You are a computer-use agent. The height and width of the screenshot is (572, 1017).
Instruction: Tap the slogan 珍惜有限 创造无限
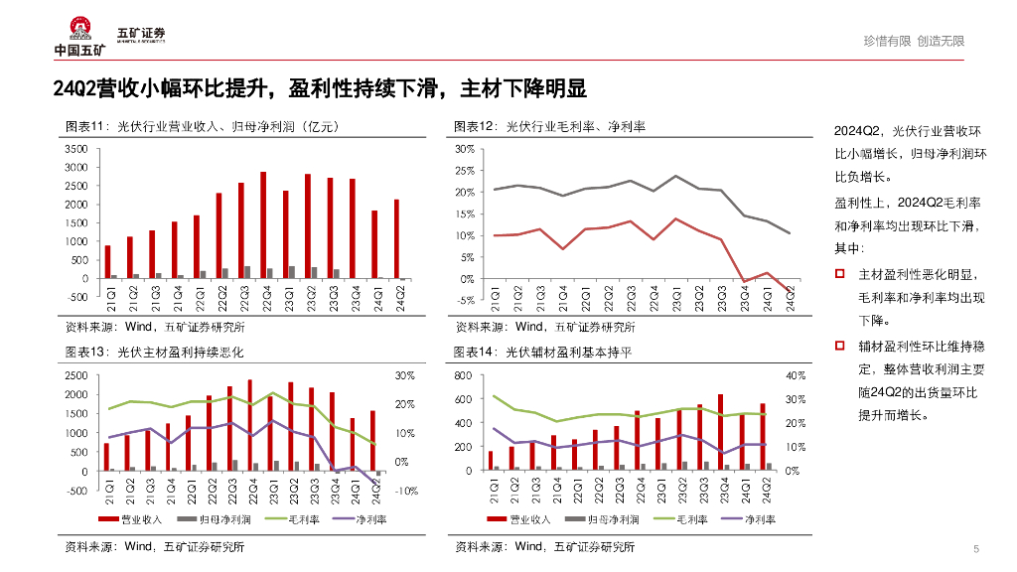(913, 41)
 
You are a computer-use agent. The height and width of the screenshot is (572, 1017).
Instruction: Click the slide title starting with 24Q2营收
(320, 89)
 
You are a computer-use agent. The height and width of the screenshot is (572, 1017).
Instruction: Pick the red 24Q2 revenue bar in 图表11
(396, 239)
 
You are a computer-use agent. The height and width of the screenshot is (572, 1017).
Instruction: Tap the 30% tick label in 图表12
(465, 149)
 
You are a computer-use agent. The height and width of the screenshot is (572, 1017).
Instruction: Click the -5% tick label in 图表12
(465, 301)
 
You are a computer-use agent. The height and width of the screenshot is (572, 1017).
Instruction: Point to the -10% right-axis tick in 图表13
(406, 491)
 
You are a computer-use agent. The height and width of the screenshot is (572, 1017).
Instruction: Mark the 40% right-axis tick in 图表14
(795, 376)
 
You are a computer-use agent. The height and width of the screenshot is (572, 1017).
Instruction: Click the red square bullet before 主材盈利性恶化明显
(840, 273)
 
